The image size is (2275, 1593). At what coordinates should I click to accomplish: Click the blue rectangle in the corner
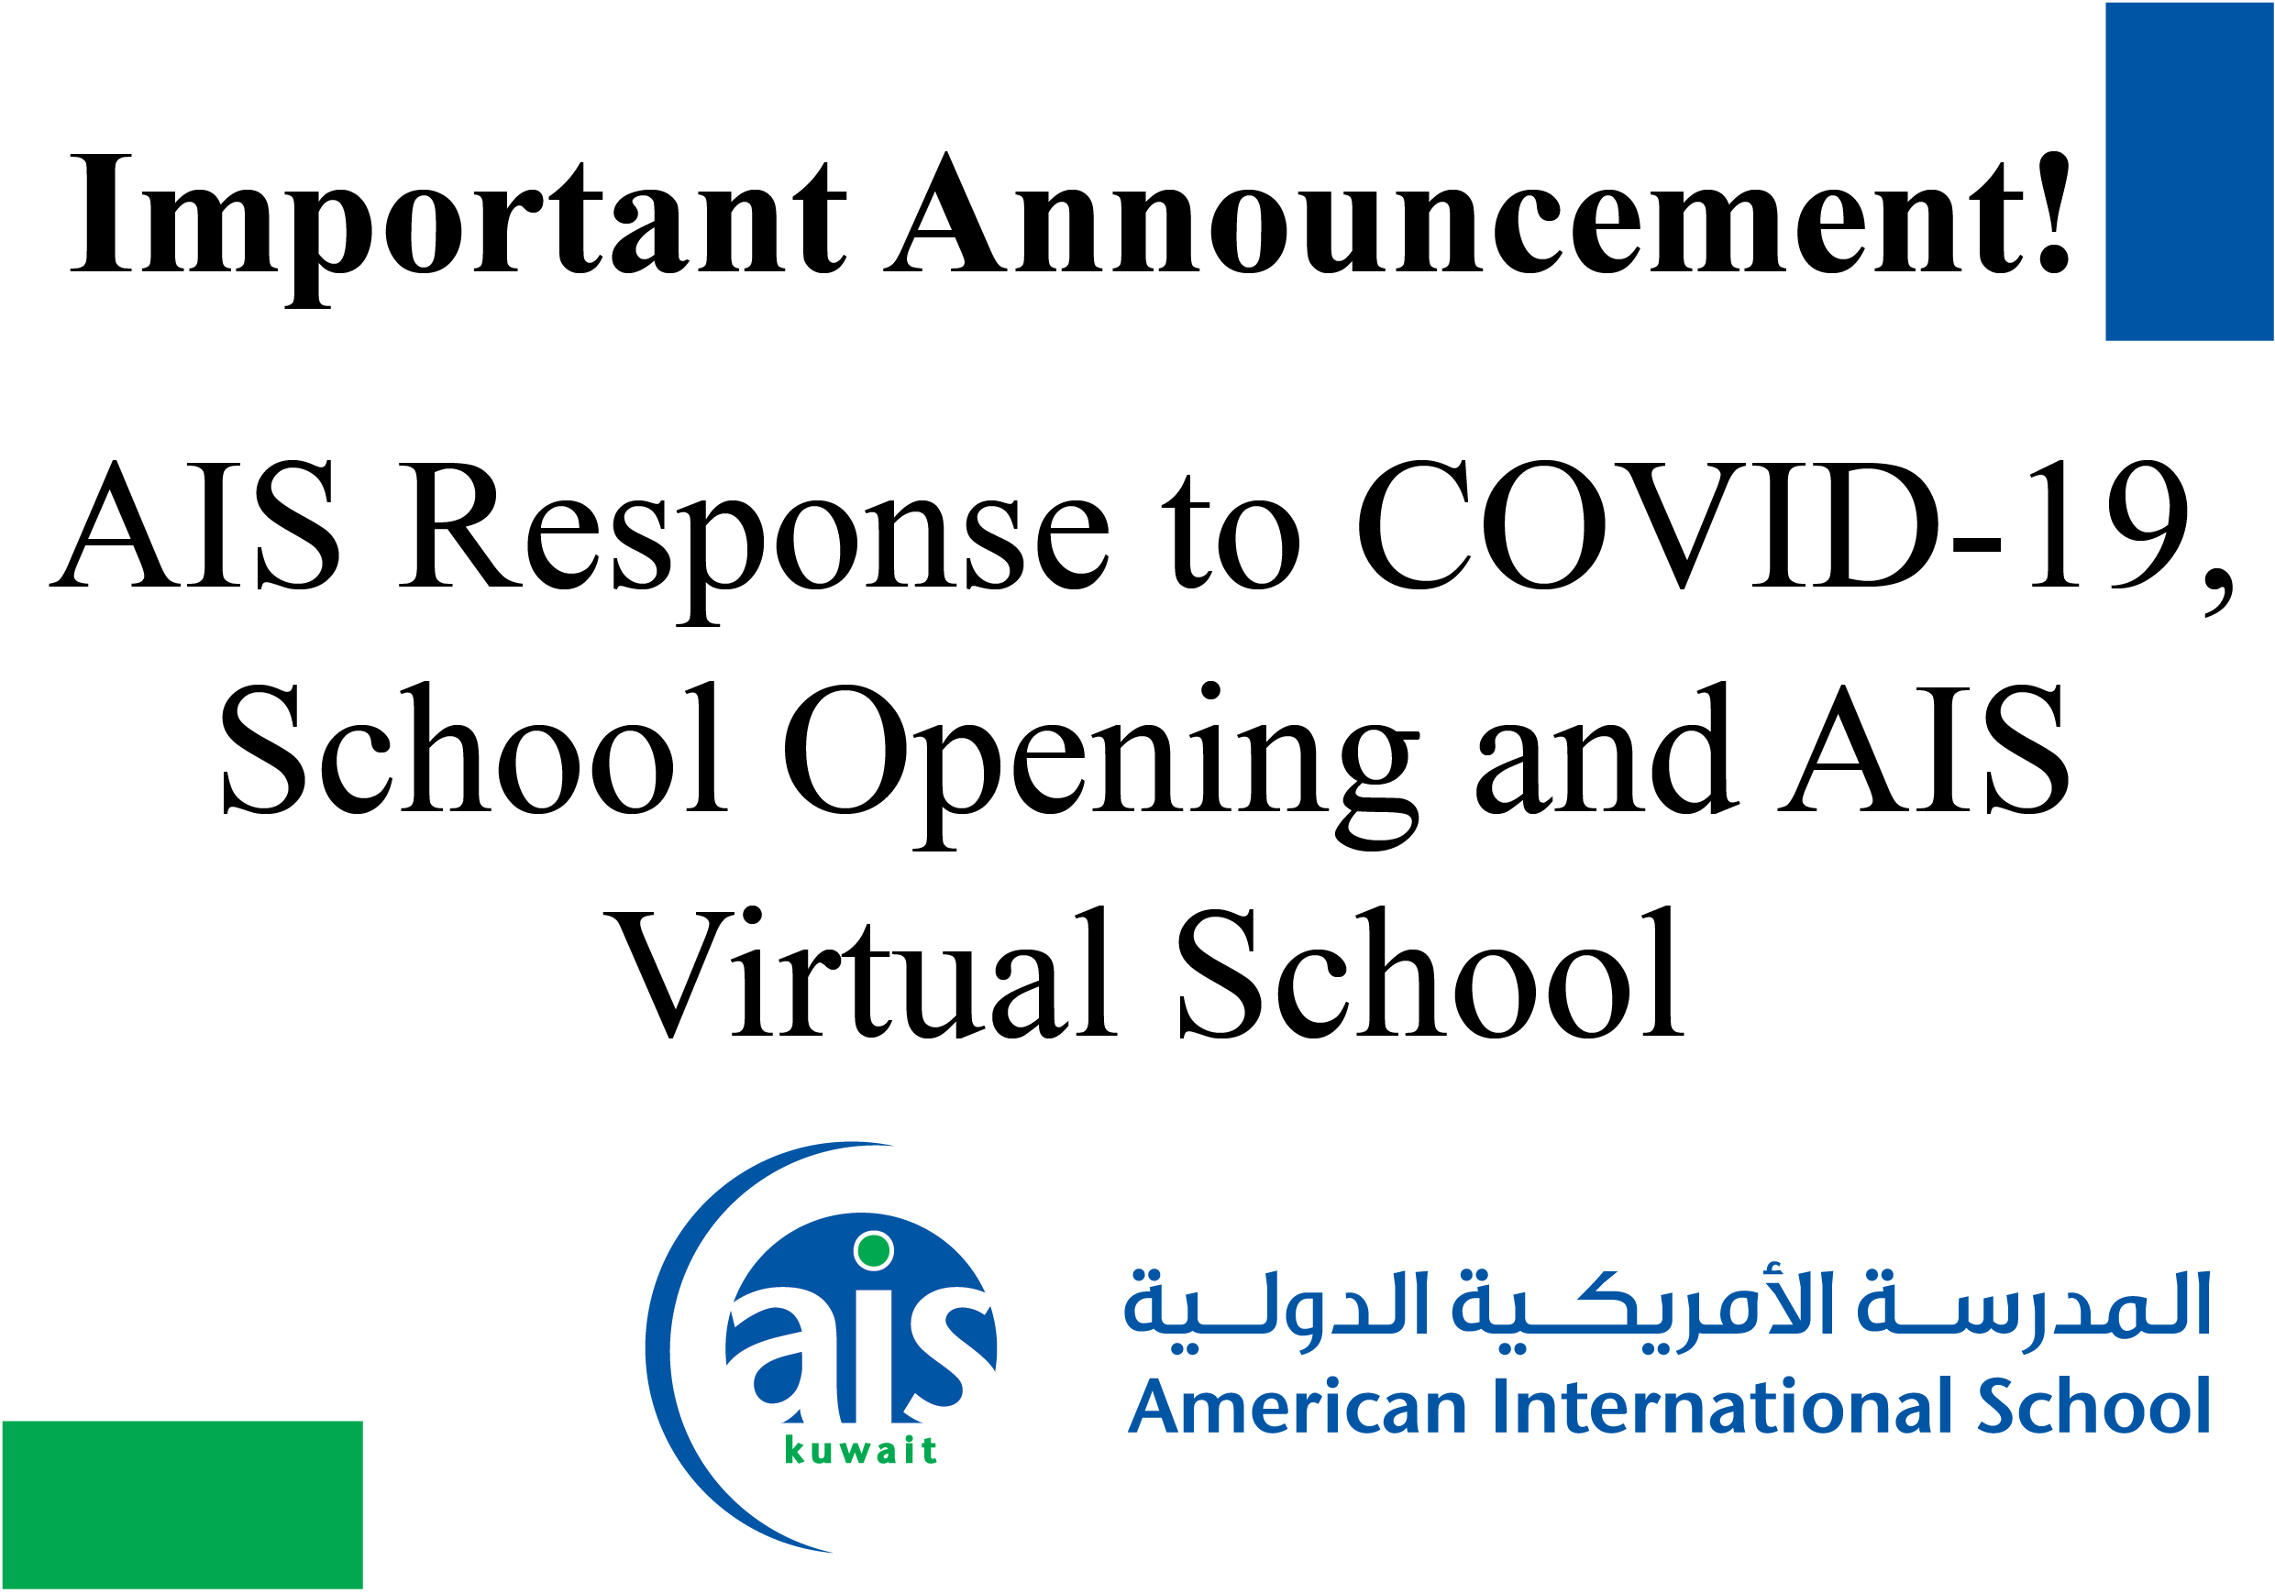pos(2188,171)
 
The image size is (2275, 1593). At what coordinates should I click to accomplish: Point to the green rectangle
pos(182,1504)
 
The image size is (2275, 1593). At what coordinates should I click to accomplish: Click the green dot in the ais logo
pos(873,1250)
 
